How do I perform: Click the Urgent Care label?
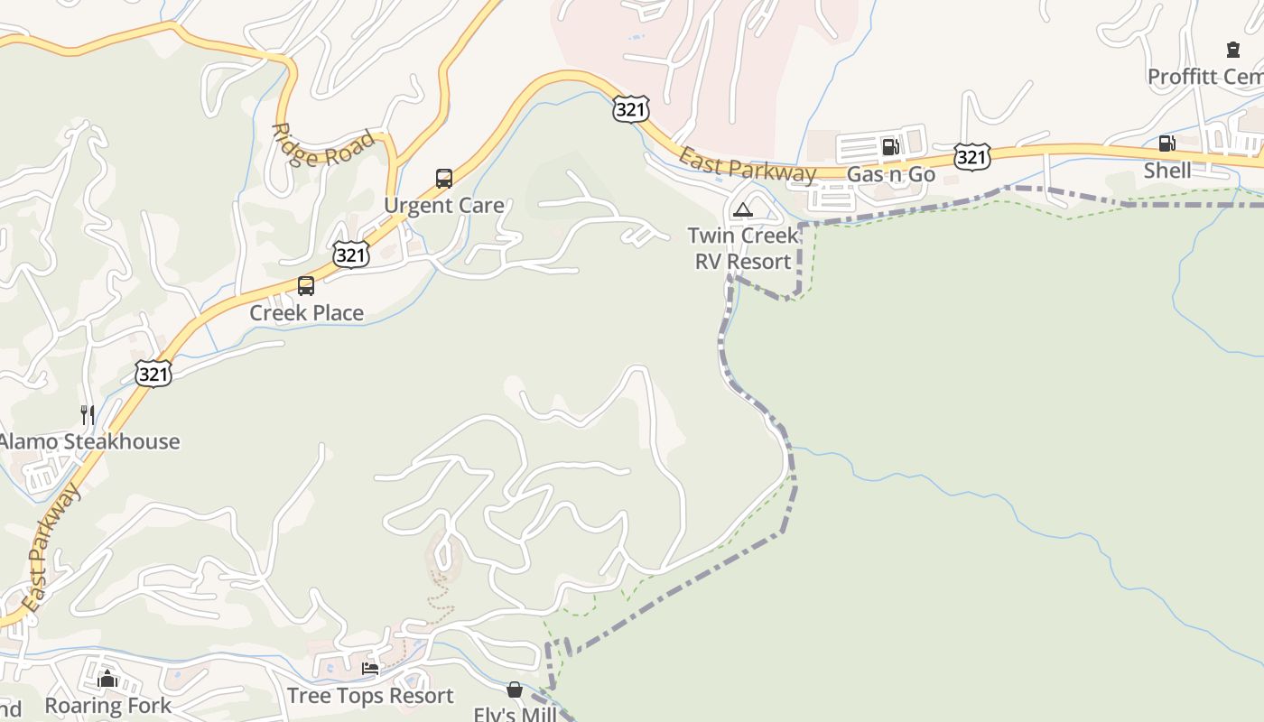point(443,206)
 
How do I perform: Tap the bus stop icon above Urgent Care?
point(443,178)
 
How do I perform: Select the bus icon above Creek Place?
point(306,286)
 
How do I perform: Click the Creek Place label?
point(306,313)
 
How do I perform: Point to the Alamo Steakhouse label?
point(88,442)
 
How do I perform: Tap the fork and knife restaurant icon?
point(88,415)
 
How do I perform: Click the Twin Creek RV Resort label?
point(743,248)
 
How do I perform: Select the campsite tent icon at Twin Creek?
point(742,210)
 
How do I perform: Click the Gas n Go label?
point(890,174)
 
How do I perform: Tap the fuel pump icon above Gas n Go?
point(890,146)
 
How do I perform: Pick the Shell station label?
point(1166,171)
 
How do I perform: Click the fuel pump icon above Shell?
point(1166,143)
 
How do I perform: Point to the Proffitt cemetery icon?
point(1233,50)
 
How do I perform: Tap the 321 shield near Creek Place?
point(350,255)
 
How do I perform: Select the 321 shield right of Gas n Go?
point(971,158)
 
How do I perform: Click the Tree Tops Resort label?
point(370,696)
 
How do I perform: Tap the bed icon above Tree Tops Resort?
point(370,669)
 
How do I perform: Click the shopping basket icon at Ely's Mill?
point(514,690)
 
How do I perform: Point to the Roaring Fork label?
point(107,706)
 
